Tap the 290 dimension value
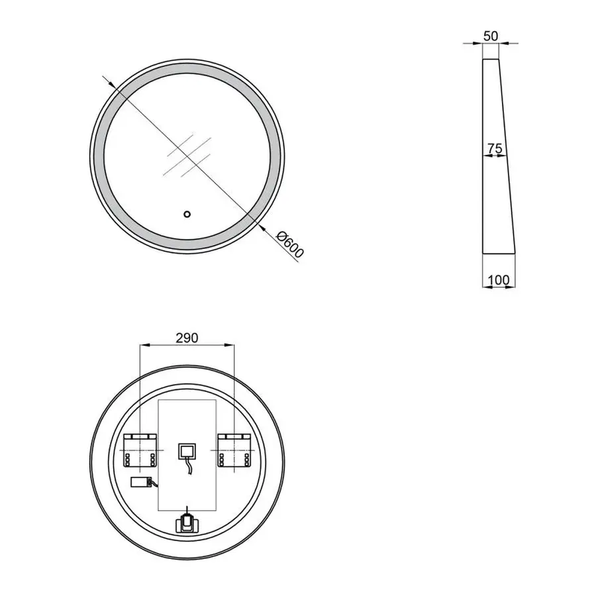187,338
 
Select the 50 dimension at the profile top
491,36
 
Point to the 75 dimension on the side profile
494,150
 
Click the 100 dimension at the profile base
499,280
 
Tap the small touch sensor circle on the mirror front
187,214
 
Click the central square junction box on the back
187,452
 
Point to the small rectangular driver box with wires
142,482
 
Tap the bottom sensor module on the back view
187,522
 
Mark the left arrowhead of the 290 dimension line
143,345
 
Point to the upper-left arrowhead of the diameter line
112,84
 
